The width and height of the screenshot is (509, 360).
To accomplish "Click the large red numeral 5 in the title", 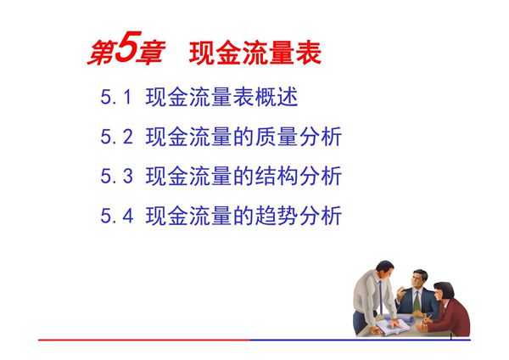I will pos(124,51).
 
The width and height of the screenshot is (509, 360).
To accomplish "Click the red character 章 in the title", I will pos(149,53).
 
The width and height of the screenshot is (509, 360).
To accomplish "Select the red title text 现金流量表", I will pos(255,53).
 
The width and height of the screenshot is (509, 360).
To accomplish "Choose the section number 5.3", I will pos(117,177).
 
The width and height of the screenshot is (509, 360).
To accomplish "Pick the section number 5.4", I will pos(117,216).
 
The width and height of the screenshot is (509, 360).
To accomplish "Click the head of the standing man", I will pos(384,270).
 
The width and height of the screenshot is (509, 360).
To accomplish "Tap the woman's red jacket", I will pos(455,316).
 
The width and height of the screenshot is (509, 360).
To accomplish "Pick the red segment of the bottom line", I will pos(144,340).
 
